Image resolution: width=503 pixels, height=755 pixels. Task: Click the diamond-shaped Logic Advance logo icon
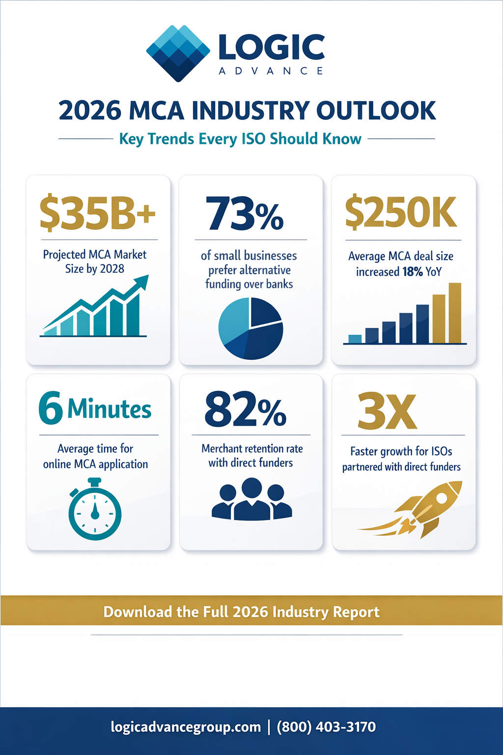pyautogui.click(x=178, y=53)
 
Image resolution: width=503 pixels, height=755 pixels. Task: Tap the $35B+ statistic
pyautogui.click(x=97, y=213)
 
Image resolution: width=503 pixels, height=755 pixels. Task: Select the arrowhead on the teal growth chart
pyautogui.click(x=141, y=282)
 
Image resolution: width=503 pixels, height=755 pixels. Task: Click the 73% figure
pyautogui.click(x=245, y=214)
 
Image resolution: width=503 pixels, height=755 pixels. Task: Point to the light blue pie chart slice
pyautogui.click(x=233, y=319)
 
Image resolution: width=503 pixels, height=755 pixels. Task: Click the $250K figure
pyautogui.click(x=401, y=213)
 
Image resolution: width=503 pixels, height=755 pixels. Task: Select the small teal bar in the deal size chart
pyautogui.click(x=355, y=339)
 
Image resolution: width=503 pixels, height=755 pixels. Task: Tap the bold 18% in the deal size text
pyautogui.click(x=412, y=272)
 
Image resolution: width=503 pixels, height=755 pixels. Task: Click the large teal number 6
pyautogui.click(x=51, y=408)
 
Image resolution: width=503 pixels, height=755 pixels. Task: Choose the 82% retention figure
pyautogui.click(x=245, y=409)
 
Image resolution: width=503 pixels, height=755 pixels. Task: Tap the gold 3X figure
pyautogui.click(x=387, y=411)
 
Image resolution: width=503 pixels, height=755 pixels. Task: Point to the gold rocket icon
pyautogui.click(x=422, y=509)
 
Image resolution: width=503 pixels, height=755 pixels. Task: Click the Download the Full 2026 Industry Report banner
pyautogui.click(x=241, y=611)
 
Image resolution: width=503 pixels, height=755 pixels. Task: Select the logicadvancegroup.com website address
pyautogui.click(x=186, y=727)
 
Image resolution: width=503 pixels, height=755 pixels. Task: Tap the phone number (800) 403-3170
pyautogui.click(x=326, y=727)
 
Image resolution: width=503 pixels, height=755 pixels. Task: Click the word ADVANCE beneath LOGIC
pyautogui.click(x=271, y=71)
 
